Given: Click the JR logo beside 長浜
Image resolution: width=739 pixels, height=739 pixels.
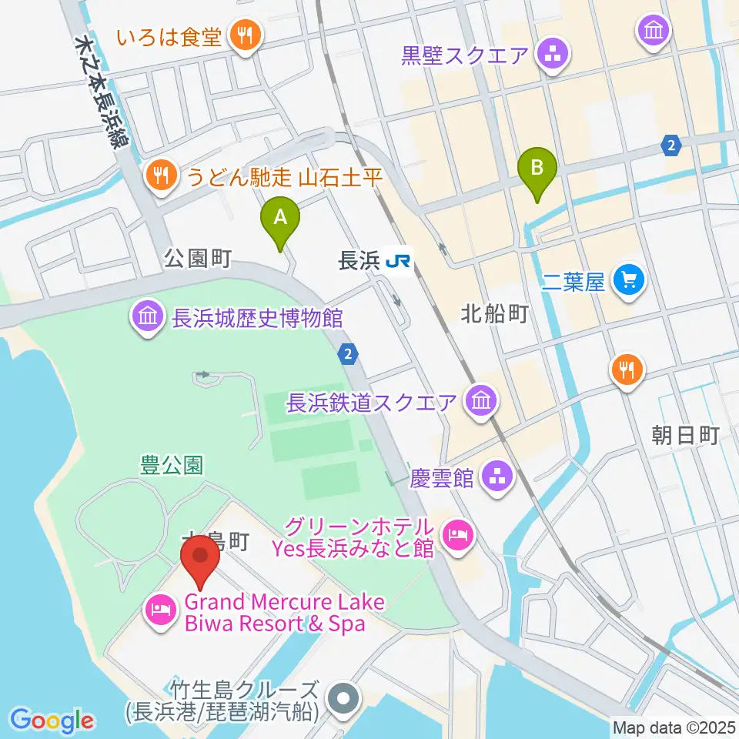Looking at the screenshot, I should tap(398, 262).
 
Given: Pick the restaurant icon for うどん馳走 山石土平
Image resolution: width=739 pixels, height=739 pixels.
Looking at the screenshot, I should tap(159, 178).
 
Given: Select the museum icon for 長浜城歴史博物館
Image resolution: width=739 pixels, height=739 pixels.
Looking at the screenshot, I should tap(147, 316).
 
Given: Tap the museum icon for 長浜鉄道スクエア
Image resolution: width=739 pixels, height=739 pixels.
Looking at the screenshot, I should tap(481, 400).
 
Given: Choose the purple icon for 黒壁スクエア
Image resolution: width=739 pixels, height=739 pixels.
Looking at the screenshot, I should tap(553, 54).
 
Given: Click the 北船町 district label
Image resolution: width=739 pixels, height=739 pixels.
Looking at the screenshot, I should tap(494, 313).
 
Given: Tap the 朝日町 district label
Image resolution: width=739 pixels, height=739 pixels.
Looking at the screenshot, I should tap(684, 436).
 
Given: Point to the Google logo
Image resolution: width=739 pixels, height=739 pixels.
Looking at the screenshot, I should tap(52, 721).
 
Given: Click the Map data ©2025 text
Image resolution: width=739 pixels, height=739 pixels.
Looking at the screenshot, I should tap(672, 726).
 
